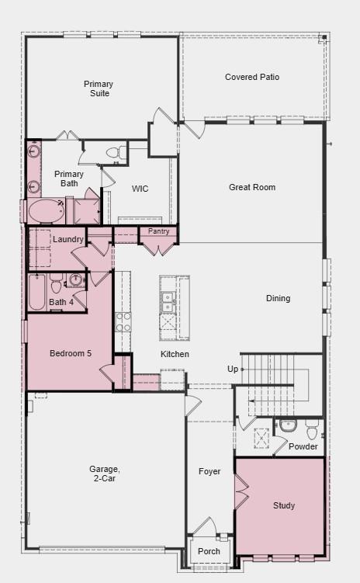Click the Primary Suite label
pyautogui.click(x=99, y=88)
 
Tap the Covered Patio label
pyautogui.click(x=252, y=77)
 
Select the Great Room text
pyautogui.click(x=252, y=187)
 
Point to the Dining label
pyautogui.click(x=278, y=298)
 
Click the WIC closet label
pyautogui.click(x=140, y=189)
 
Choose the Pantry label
pyautogui.click(x=158, y=231)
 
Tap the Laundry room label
pyautogui.click(x=67, y=239)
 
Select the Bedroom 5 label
pyautogui.click(x=71, y=353)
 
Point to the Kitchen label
pyautogui.click(x=175, y=354)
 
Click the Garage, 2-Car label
pyautogui.click(x=104, y=474)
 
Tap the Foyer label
pyautogui.click(x=209, y=471)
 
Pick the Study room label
pyautogui.click(x=284, y=505)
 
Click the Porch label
pyautogui.click(x=209, y=551)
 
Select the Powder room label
pyautogui.click(x=303, y=446)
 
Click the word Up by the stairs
pyautogui.click(x=233, y=369)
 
